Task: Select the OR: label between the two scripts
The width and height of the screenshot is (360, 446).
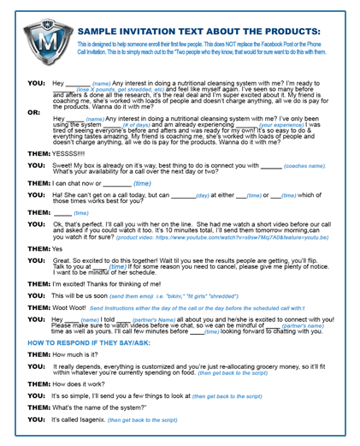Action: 33,111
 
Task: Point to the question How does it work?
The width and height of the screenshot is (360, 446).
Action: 82,385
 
